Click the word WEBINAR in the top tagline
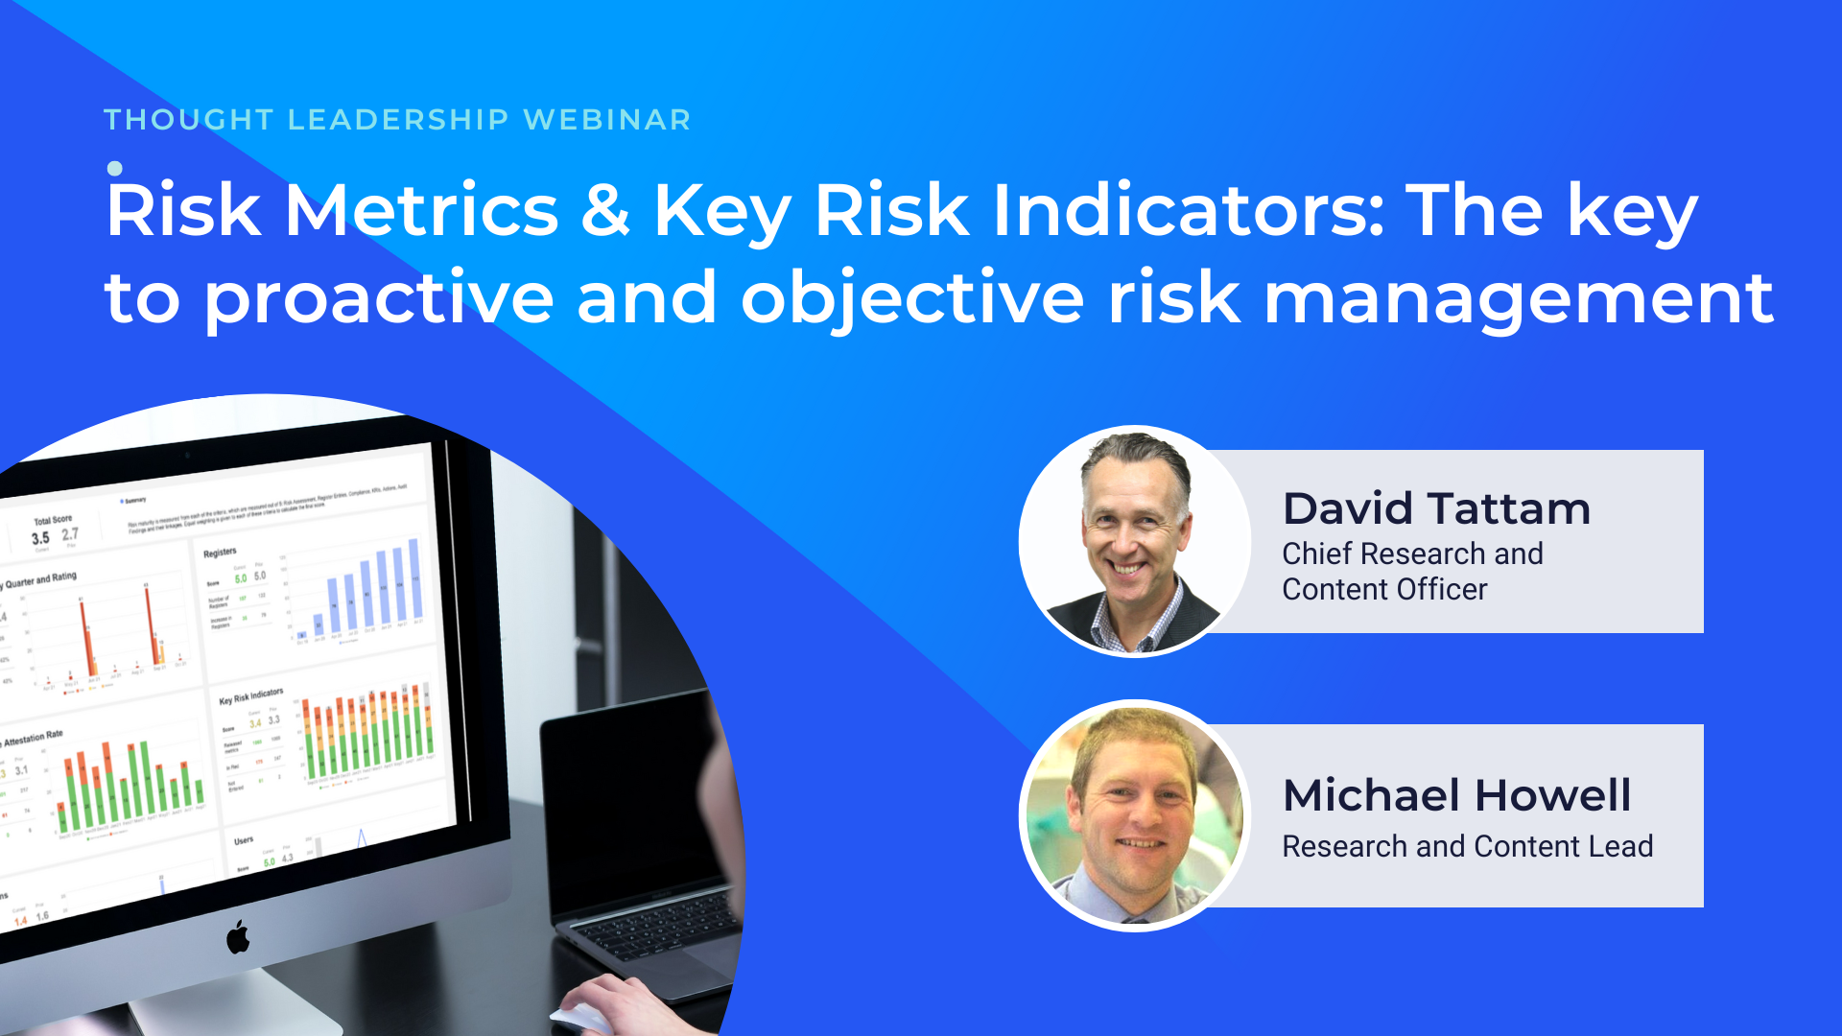[x=607, y=120]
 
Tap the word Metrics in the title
[x=422, y=210]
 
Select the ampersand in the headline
[x=605, y=210]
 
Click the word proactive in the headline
[x=379, y=299]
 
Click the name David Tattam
[x=1436, y=508]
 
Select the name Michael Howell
[x=1456, y=795]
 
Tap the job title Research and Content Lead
[x=1467, y=846]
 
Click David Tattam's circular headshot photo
[x=1135, y=541]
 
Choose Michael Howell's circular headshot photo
[x=1135, y=815]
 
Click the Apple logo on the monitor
[x=238, y=936]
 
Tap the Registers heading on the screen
[x=220, y=553]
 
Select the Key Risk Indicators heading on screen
[x=251, y=695]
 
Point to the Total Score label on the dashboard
[x=53, y=520]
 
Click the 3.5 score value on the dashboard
[x=40, y=538]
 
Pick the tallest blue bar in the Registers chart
[x=414, y=578]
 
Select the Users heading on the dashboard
[x=244, y=840]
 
